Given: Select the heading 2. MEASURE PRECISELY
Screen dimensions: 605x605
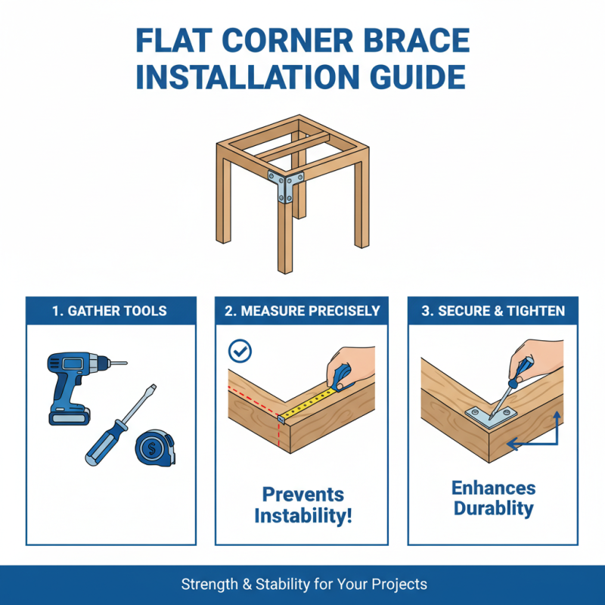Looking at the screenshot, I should pyautogui.click(x=302, y=310).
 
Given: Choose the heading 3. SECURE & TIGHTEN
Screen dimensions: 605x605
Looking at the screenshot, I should pyautogui.click(x=493, y=310).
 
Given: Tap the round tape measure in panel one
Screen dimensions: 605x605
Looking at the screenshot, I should pyautogui.click(x=157, y=447).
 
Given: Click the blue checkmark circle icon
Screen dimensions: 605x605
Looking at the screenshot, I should pyautogui.click(x=240, y=350).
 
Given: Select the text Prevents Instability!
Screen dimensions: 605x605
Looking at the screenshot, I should pyautogui.click(x=302, y=506).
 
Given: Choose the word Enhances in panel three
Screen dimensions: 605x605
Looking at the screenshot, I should pyautogui.click(x=493, y=488).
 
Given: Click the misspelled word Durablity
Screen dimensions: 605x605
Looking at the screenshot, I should pyautogui.click(x=493, y=508).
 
